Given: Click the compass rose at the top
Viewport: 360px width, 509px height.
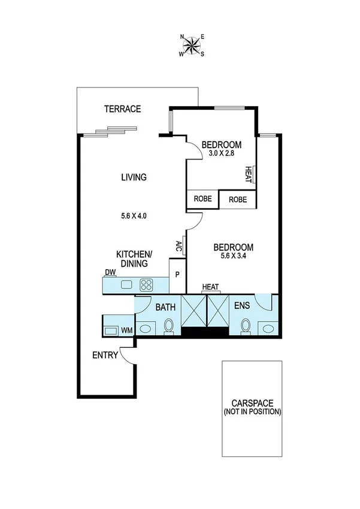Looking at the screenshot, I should click(192, 45).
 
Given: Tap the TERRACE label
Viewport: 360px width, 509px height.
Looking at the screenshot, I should click(122, 109).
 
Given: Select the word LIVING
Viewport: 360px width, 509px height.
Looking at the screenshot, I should click(134, 177).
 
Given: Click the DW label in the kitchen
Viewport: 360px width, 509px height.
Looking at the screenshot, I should click(110, 273).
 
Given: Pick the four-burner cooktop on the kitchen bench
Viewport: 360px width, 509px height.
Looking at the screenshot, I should click(147, 285).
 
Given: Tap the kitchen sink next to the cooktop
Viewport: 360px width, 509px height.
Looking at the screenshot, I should click(126, 285).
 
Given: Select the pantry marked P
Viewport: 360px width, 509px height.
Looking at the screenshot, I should click(177, 275).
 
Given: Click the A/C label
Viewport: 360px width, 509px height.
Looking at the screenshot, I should click(179, 246).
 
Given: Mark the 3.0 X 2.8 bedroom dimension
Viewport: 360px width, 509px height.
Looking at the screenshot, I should click(221, 154).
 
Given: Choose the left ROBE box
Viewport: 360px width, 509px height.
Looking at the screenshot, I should click(202, 200).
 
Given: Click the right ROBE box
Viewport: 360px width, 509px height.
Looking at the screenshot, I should click(238, 200).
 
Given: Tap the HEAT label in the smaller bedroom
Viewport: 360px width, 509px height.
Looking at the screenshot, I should click(248, 173).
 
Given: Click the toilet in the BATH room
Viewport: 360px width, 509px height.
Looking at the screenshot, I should click(168, 327).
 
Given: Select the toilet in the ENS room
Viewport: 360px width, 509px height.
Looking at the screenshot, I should click(244, 327).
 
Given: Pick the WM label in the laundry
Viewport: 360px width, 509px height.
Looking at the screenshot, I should click(126, 330).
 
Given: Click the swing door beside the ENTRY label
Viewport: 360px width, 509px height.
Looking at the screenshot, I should click(128, 356).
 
